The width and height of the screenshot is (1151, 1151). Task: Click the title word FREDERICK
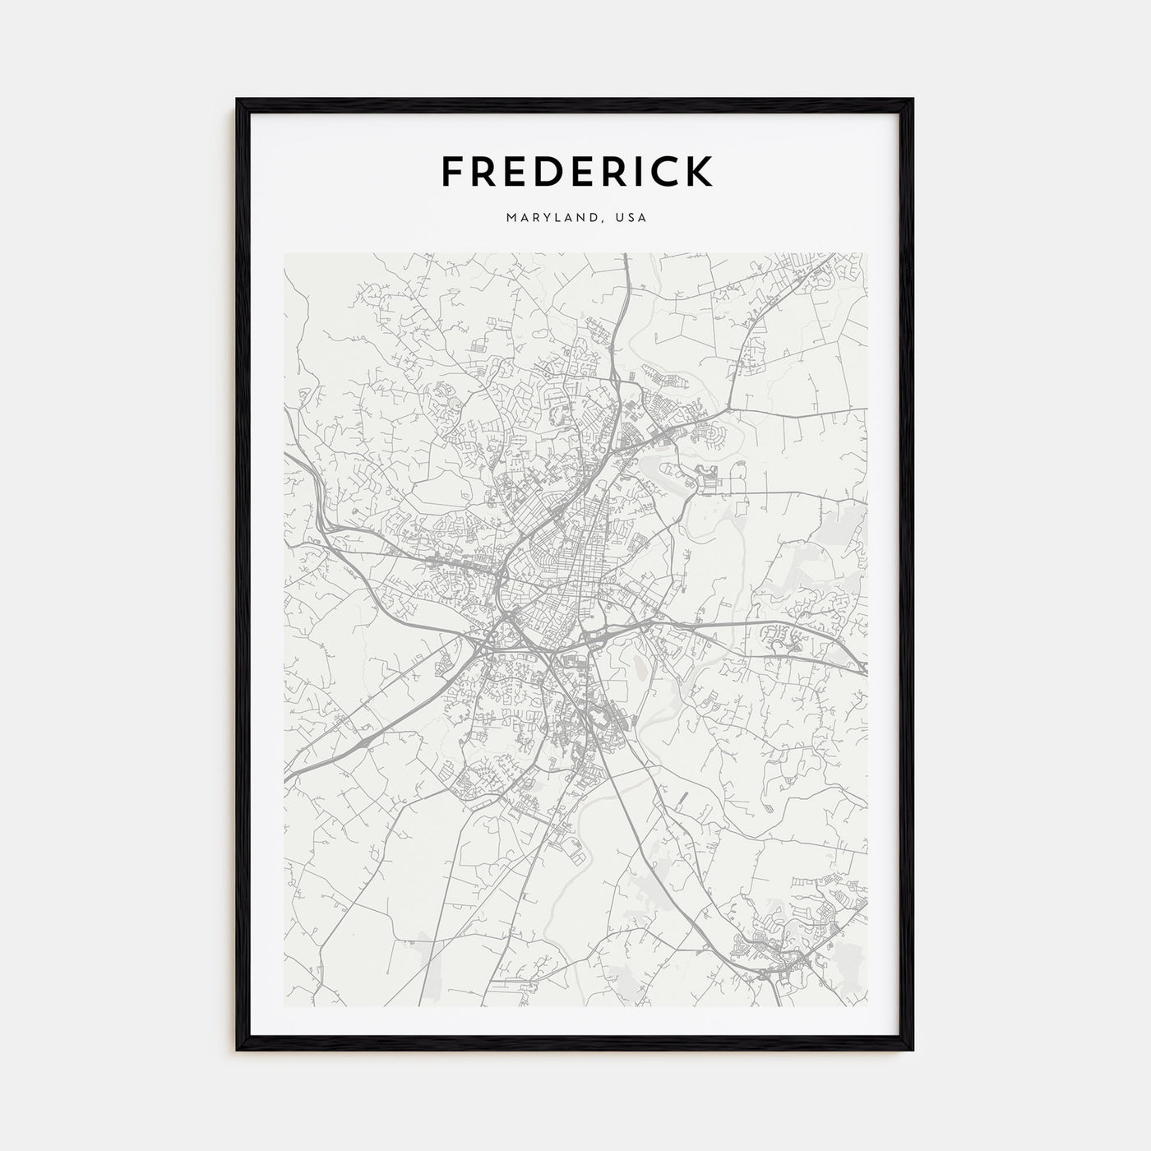[576, 171]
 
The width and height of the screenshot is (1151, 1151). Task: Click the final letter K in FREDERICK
[700, 171]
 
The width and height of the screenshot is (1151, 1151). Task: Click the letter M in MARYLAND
[512, 218]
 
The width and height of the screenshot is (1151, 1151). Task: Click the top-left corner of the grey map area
[284, 253]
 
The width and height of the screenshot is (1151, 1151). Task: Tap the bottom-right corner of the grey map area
[867, 1006]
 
